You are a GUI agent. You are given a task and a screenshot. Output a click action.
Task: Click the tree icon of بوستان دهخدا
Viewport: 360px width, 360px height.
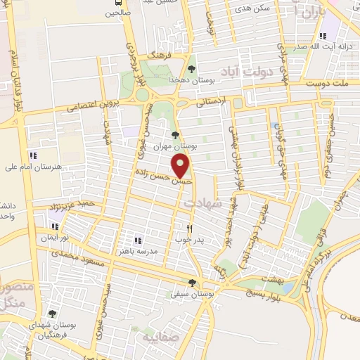[191, 69]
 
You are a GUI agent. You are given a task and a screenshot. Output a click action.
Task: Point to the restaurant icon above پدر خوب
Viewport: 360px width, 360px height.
[189, 229]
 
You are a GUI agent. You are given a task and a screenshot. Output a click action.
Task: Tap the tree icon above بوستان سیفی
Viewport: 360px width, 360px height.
[191, 283]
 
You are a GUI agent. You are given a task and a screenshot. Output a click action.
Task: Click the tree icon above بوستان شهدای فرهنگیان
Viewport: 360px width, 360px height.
[51, 314]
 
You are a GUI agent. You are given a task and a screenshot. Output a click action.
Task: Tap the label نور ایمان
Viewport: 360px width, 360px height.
[55, 238]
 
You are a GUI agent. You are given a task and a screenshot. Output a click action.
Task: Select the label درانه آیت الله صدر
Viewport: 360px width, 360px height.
[324, 46]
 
